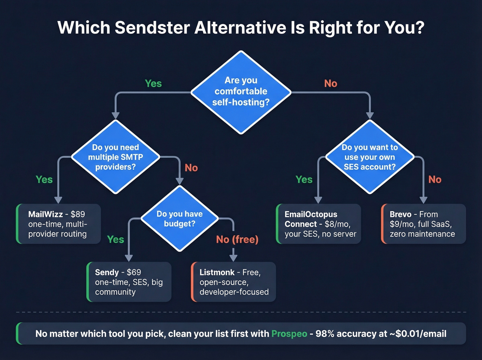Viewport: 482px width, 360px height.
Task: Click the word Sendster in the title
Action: [x=152, y=28]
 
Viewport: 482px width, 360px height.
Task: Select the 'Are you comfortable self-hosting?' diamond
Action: [x=241, y=92]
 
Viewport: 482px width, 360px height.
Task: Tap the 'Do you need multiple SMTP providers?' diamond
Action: [x=115, y=157]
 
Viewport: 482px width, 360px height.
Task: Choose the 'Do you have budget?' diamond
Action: [x=179, y=219]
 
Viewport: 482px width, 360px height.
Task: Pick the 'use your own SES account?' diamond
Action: [x=369, y=157]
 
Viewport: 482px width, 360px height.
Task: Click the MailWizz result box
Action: [x=59, y=224]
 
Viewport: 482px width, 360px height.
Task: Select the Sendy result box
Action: [x=129, y=282]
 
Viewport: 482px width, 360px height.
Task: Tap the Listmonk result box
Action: [x=234, y=282]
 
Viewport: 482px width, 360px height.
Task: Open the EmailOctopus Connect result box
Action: [x=319, y=224]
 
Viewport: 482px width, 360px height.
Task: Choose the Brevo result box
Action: [x=423, y=224]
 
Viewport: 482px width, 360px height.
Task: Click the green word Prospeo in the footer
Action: [x=289, y=333]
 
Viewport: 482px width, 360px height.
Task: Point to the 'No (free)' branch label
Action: [x=237, y=239]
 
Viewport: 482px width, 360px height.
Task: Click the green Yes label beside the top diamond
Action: [x=153, y=83]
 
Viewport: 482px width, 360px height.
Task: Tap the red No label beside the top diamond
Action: [x=331, y=83]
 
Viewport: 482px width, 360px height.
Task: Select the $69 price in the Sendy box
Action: [x=134, y=272]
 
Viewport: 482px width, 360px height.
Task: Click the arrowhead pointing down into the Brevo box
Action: [x=423, y=200]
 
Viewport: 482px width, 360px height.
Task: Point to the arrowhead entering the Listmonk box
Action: [x=233, y=258]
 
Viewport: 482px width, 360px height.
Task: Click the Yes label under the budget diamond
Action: [x=115, y=239]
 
